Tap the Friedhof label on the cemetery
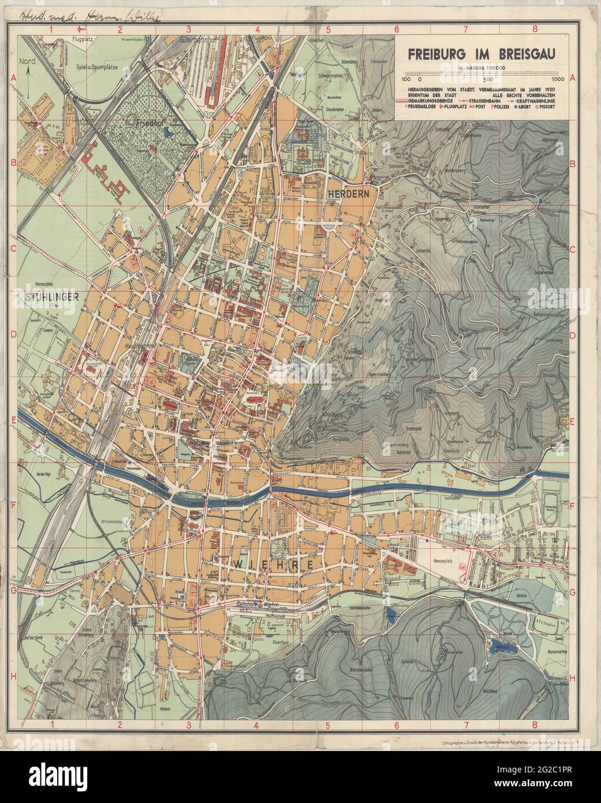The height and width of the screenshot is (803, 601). tap(147, 123)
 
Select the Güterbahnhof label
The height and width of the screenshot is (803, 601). tap(197, 42)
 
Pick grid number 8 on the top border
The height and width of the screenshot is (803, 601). tap(535, 28)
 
